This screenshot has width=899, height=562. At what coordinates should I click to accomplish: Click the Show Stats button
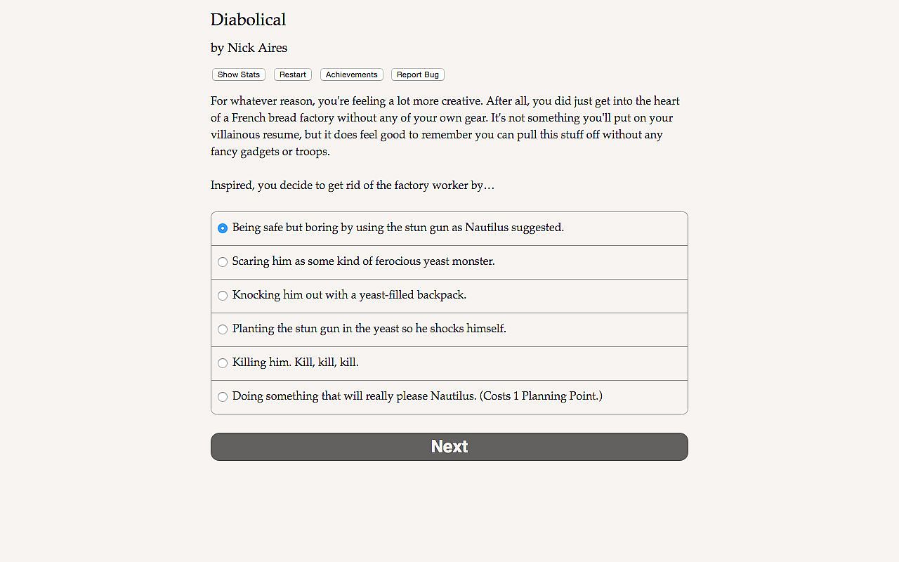point(239,74)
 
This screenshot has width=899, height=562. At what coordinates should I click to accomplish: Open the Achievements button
point(351,74)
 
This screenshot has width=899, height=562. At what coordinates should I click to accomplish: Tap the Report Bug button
point(418,74)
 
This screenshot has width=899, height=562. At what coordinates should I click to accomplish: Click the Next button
point(449,447)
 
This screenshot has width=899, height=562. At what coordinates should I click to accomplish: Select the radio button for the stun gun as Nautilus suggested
point(223,228)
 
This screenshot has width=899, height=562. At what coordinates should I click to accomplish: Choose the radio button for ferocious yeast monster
point(223,262)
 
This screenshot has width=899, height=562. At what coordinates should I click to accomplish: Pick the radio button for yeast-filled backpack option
point(223,296)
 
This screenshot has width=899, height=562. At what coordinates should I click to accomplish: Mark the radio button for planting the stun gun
point(223,329)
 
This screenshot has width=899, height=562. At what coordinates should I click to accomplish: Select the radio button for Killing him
point(223,363)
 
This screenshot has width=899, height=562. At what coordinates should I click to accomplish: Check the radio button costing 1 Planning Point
point(223,397)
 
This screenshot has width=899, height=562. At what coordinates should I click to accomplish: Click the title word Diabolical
point(248,20)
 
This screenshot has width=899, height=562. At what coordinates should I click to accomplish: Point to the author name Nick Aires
point(257,48)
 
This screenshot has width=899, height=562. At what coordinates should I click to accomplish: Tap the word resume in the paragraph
point(258,135)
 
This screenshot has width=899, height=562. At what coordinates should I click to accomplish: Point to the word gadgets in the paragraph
point(258,152)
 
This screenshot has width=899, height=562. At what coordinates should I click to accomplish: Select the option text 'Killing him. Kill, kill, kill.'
point(295,362)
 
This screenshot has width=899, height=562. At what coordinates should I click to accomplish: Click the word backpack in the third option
point(441,295)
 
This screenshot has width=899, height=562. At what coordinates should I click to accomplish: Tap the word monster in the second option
point(472,261)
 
